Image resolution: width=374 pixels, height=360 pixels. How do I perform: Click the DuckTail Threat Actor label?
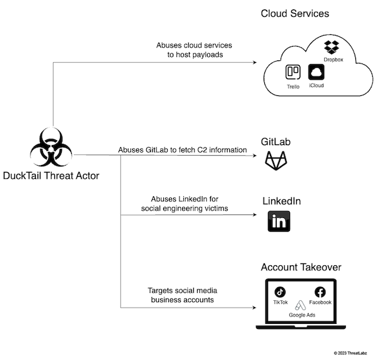(51, 176)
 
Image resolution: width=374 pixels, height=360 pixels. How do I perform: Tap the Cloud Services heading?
(295, 13)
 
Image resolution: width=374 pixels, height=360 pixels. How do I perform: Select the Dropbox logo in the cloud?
(331, 46)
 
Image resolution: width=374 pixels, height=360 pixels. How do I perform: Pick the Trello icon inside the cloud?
(293, 72)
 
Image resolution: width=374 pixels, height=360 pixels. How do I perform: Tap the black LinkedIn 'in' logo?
(279, 221)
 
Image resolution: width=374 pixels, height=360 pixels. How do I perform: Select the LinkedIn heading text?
(281, 201)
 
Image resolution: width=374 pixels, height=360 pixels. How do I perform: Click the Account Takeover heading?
(301, 267)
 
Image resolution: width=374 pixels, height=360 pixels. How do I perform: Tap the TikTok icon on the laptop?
(280, 291)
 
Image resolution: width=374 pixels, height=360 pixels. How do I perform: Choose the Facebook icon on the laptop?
(320, 291)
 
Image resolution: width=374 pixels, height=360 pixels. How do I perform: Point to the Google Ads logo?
(300, 305)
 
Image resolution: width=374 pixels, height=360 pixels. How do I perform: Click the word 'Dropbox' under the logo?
(334, 60)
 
